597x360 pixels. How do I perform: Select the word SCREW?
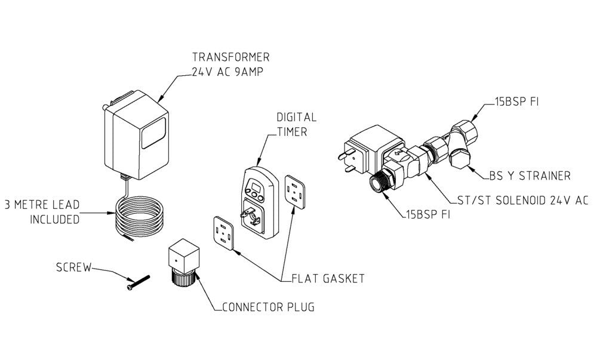coord(74,267)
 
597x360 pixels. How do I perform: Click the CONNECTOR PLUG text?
coord(268,308)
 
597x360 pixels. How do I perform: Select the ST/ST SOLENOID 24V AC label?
coord(518,202)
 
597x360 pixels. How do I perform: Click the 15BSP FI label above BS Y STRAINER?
coord(516,103)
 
